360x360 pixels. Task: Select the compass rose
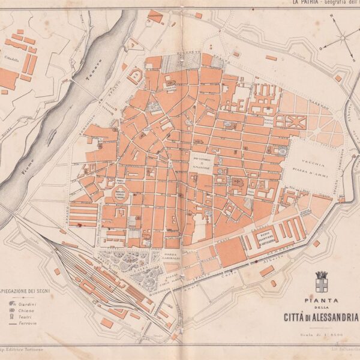343,36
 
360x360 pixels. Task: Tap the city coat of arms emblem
322,281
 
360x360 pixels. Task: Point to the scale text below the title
322,334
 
